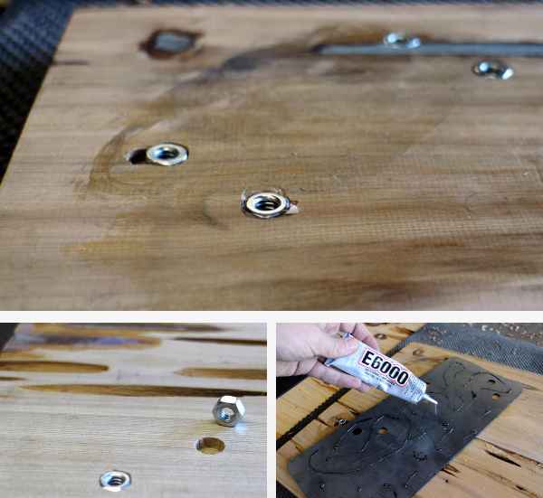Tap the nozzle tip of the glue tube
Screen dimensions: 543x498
coord(435,402)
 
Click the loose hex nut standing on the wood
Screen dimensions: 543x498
coord(229,411)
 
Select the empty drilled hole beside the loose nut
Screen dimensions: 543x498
coord(210,446)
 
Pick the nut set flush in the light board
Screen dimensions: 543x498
coord(115,481)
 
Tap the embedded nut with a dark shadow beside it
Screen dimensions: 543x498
coord(167,154)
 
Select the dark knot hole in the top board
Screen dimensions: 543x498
coord(170,43)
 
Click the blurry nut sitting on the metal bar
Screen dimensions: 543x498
coord(402,40)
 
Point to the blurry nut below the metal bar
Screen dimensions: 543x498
coord(493,70)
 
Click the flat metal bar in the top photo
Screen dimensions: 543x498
coord(429,50)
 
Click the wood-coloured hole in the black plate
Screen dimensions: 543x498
coord(382,431)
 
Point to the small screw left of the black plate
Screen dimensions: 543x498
coord(341,421)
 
